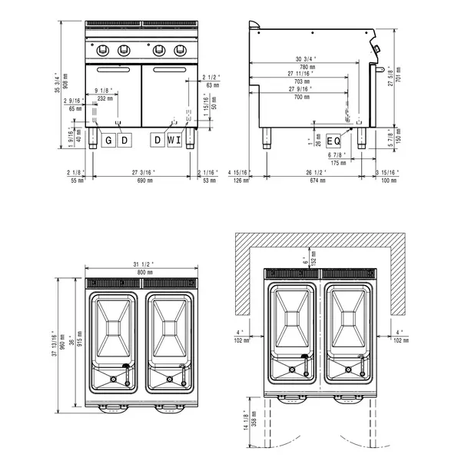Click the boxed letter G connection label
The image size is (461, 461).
(108, 140)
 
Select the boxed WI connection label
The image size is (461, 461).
(174, 140)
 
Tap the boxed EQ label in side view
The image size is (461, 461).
(333, 141)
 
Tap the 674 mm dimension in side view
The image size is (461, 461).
(313, 181)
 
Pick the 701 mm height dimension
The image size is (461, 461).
(396, 79)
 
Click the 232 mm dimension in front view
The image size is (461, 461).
(104, 99)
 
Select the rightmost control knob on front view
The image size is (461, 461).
(180, 51)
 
